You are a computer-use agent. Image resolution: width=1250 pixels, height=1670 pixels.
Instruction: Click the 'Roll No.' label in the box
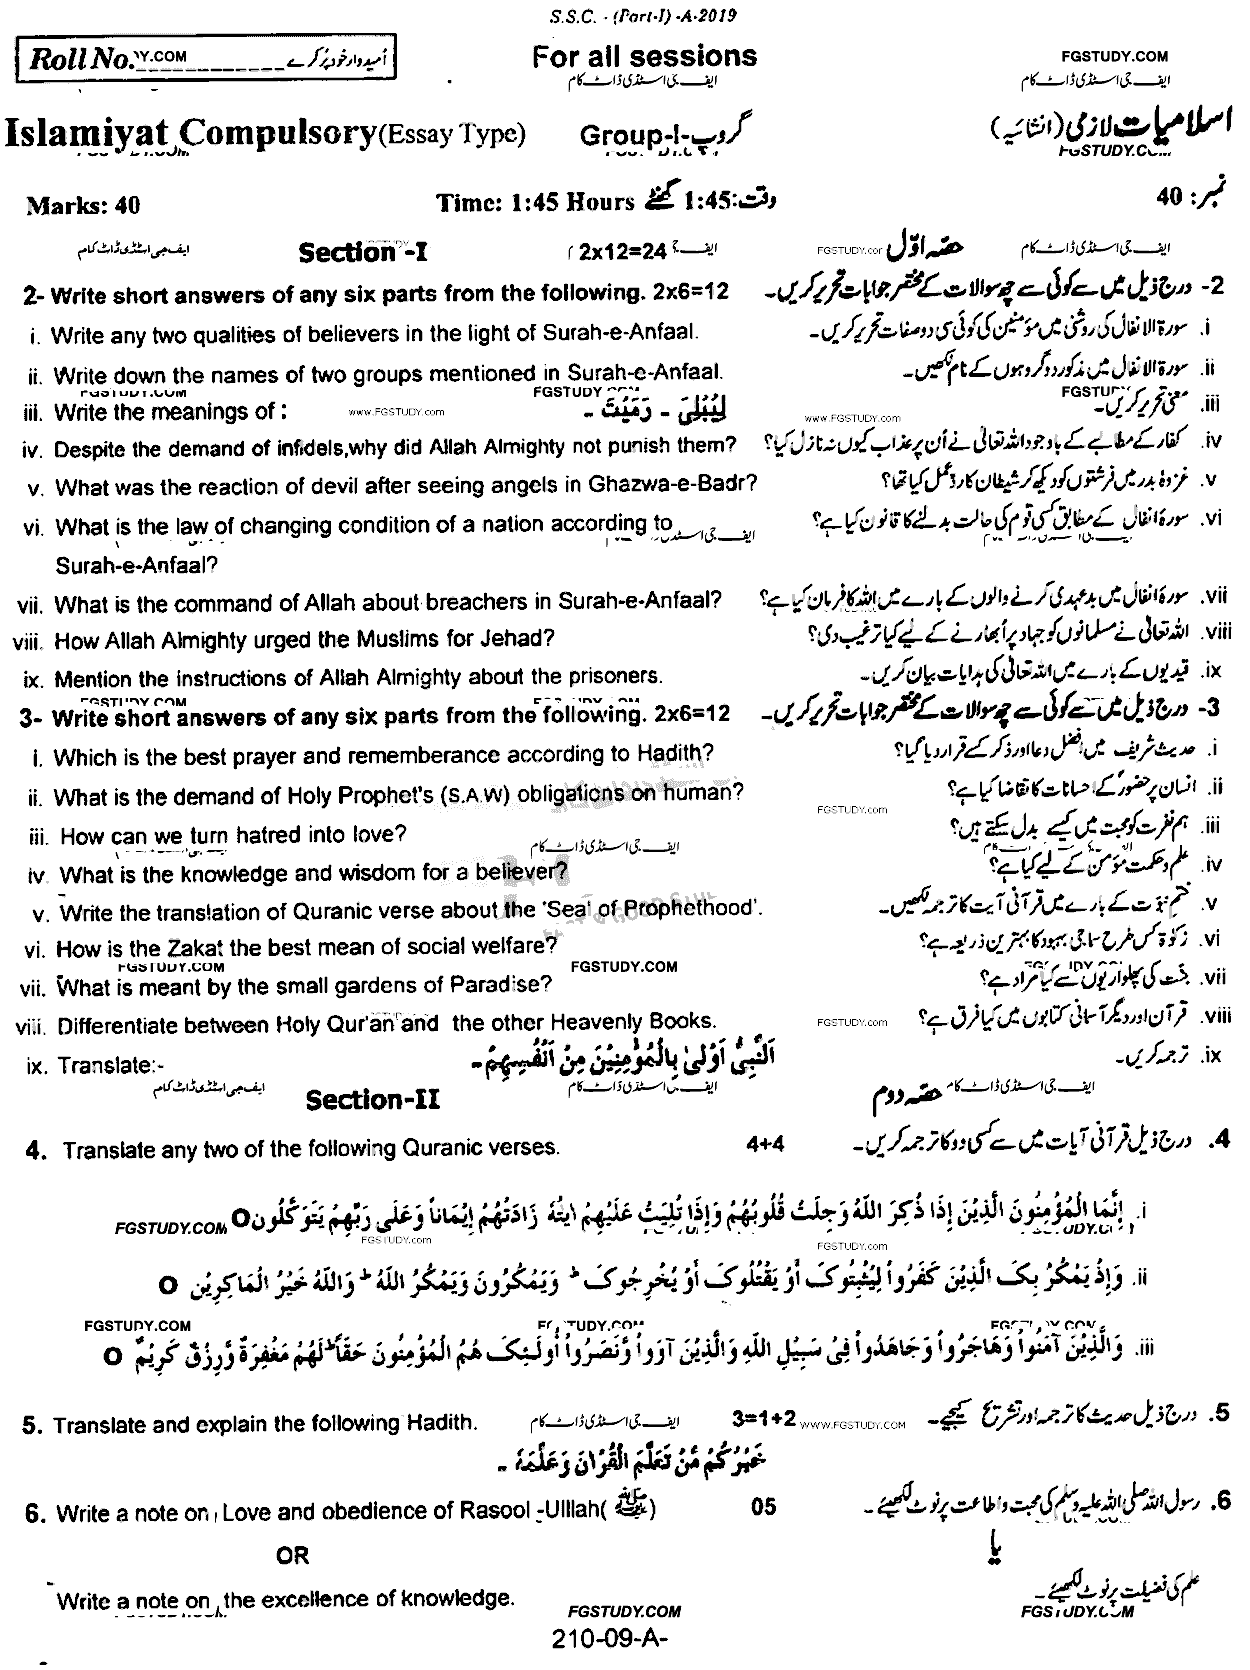click(x=80, y=61)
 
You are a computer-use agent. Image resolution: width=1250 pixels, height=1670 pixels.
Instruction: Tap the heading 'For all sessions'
click(x=644, y=57)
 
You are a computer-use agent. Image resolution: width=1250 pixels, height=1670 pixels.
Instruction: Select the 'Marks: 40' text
click(x=83, y=206)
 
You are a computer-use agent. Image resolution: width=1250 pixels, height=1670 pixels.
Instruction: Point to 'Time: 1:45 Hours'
click(x=535, y=203)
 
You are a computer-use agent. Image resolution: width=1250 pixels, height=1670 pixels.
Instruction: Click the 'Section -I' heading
click(x=362, y=253)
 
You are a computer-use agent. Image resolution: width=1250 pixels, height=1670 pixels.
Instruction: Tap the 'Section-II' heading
click(x=372, y=1101)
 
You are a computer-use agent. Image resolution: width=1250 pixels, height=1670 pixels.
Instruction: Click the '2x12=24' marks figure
click(x=622, y=252)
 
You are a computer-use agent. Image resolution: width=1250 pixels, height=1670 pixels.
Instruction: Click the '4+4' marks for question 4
click(x=766, y=1143)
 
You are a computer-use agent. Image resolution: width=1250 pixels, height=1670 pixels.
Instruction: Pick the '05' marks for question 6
click(x=762, y=1508)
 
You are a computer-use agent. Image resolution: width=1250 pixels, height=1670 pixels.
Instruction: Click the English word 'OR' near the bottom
click(x=293, y=1556)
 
